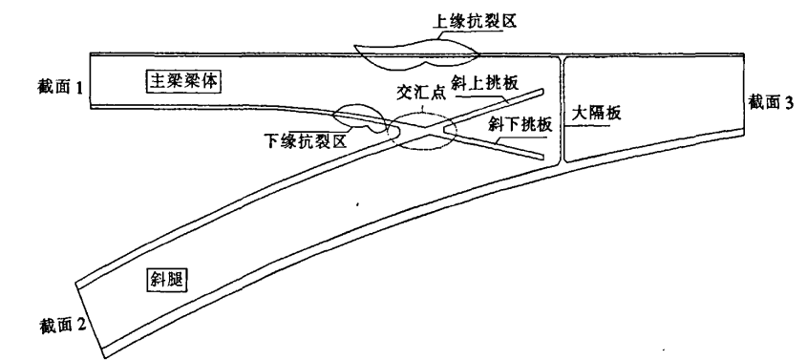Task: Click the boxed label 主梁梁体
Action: (x=182, y=81)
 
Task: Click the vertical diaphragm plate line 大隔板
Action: (x=561, y=110)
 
